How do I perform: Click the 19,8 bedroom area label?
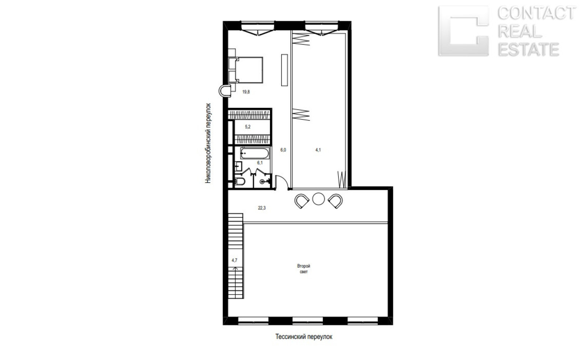tap(246, 92)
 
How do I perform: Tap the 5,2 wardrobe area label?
tap(248, 127)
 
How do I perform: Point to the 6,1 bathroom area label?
tap(260, 163)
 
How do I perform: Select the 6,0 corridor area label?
tap(283, 150)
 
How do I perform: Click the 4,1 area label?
tap(318, 150)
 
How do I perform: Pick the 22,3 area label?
tap(262, 208)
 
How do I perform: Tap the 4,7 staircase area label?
tap(235, 260)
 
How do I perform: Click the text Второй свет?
tap(304, 269)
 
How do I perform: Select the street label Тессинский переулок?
tap(304, 337)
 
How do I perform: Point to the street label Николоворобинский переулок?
tap(208, 143)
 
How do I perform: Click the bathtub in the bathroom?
tap(255, 153)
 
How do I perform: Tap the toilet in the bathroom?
tap(240, 181)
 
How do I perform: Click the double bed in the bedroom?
tap(246, 70)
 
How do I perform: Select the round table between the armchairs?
tap(319, 199)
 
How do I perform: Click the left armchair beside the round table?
tap(302, 201)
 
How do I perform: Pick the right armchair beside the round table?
tap(336, 201)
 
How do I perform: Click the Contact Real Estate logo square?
tap(464, 31)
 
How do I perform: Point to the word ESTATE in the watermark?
tap(528, 49)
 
